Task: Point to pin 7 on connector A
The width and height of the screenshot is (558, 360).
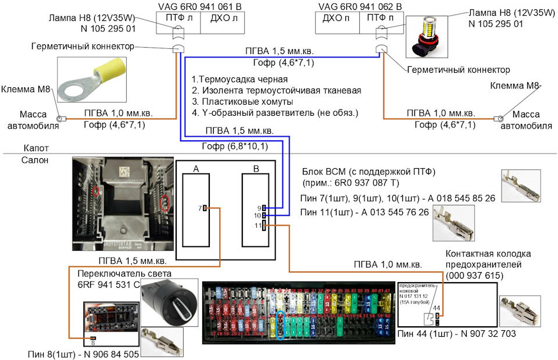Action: [x=205, y=208]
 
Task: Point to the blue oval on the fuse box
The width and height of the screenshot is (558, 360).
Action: [x=281, y=325]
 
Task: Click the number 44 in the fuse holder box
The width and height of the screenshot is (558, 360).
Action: [x=436, y=307]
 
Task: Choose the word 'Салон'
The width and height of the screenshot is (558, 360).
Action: [x=35, y=160]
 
